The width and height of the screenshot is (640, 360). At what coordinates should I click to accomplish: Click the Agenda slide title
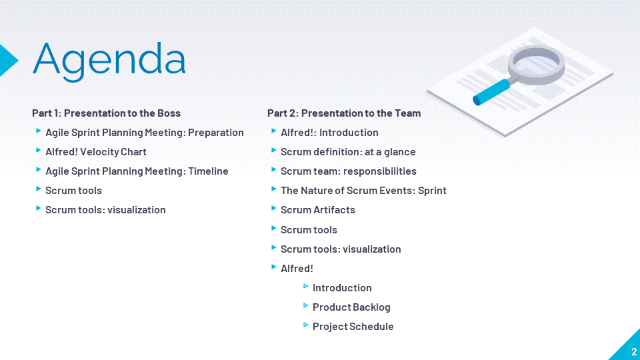coord(109,61)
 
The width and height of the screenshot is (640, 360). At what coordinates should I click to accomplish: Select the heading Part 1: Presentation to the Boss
coord(106,113)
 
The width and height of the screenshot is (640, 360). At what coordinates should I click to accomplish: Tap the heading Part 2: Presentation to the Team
coord(344,113)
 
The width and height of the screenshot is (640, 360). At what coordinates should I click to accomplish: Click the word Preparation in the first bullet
coord(215,133)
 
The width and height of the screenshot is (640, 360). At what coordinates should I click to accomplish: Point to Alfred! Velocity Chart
coord(96,152)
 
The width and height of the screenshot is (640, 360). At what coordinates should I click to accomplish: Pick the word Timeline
coord(208,171)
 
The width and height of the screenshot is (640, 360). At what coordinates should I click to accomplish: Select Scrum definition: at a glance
coord(348,152)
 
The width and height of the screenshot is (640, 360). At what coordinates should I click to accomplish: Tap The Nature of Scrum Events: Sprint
coord(364,191)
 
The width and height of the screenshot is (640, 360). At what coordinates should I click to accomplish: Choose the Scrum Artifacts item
coord(318,210)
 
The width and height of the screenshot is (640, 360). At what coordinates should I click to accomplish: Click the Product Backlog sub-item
coord(351,307)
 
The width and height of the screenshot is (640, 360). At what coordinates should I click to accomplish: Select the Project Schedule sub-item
coord(353,327)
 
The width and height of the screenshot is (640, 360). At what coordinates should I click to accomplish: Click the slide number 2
coord(634,352)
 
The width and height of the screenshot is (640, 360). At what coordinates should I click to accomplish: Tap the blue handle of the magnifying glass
coord(491,92)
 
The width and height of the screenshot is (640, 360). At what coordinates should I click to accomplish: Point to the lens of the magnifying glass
coord(536,63)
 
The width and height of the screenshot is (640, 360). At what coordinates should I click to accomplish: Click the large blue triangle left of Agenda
coord(9,61)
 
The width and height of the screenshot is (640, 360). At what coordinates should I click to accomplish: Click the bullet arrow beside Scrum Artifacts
coord(274,209)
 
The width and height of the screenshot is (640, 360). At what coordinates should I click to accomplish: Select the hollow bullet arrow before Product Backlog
coord(306,306)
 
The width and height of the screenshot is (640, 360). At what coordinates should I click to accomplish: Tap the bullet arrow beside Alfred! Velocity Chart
coord(39,151)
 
